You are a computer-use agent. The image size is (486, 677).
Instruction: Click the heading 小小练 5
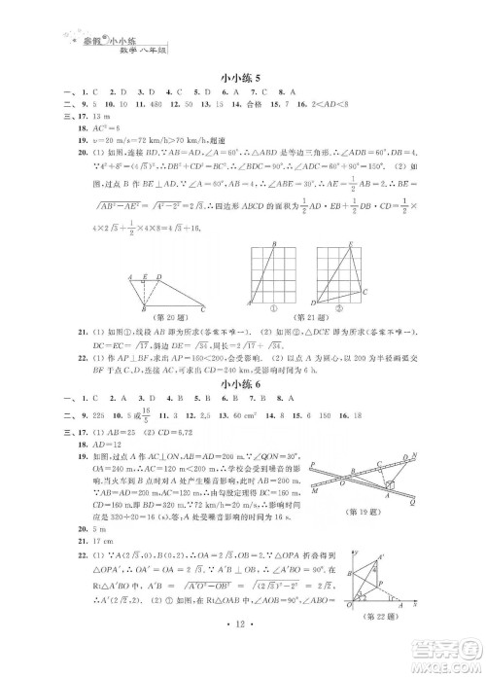pyautogui.click(x=242, y=73)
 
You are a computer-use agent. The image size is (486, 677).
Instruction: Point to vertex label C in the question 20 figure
pyautogui.click(x=202, y=310)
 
